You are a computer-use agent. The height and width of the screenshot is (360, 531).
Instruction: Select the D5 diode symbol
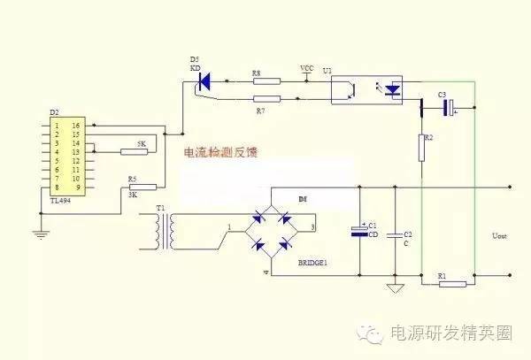[203, 82]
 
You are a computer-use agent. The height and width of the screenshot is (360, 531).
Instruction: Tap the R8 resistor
[266, 82]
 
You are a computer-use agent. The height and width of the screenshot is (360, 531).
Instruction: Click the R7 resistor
[266, 99]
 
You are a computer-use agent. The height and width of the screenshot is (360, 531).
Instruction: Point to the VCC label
[307, 67]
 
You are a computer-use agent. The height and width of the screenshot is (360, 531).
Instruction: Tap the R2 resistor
[422, 148]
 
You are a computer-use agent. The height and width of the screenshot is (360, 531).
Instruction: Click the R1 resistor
[452, 283]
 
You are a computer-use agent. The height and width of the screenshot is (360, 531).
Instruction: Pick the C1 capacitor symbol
[359, 232]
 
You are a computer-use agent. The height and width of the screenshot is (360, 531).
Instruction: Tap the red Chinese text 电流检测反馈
[222, 152]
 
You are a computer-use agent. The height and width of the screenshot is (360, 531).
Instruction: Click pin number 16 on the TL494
[75, 125]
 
